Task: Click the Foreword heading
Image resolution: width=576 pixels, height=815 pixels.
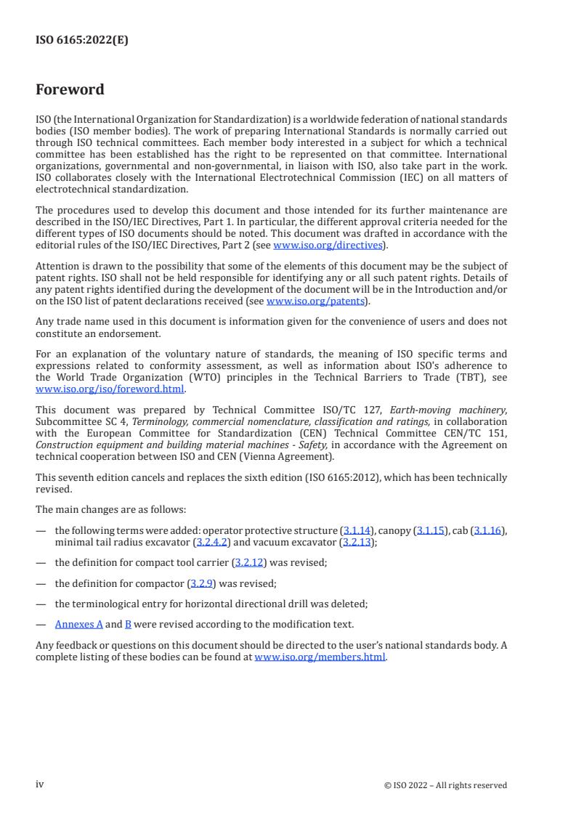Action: coord(70,90)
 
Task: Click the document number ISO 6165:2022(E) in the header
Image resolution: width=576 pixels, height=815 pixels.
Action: coord(81,41)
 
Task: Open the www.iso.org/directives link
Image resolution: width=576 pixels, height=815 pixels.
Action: coord(328,245)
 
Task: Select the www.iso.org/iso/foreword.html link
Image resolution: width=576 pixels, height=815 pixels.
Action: coord(110,389)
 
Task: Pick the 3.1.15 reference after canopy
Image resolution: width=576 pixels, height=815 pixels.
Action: coord(429,531)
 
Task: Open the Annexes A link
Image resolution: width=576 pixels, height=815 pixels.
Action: coord(78,624)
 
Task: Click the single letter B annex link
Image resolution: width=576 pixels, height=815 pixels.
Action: coord(128,624)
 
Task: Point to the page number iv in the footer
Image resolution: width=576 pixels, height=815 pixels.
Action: coord(40,784)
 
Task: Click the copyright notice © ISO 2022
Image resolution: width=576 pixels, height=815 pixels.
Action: coord(445,784)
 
